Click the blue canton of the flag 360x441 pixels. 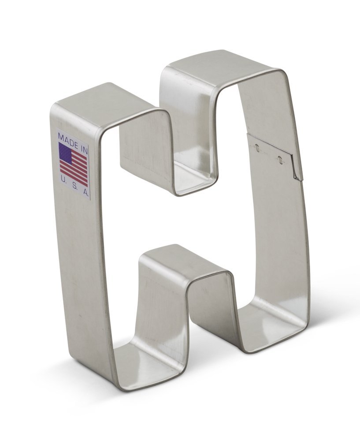click(65, 152)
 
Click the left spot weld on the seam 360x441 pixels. click(257, 149)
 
